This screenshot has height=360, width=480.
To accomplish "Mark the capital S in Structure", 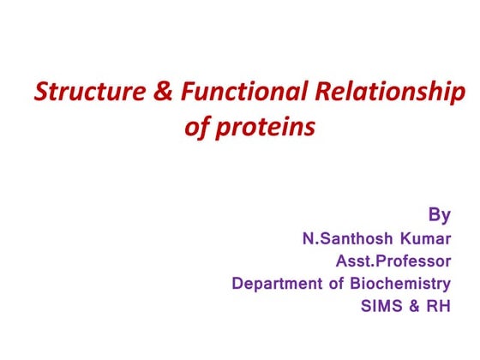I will (x=40, y=92).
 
